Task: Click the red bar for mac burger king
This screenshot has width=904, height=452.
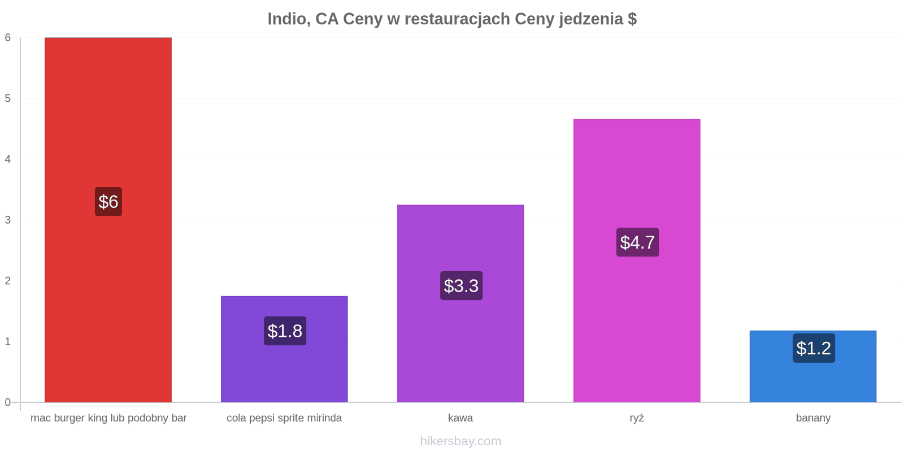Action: pyautogui.click(x=108, y=220)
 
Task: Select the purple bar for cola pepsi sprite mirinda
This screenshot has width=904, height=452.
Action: pyautogui.click(x=285, y=349)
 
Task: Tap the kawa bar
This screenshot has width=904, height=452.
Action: pyautogui.click(x=460, y=303)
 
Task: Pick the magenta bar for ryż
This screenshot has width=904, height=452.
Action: pyautogui.click(x=637, y=260)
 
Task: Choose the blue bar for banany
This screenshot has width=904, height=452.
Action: pyautogui.click(x=813, y=367)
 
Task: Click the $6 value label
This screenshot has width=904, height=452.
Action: pyautogui.click(x=108, y=201)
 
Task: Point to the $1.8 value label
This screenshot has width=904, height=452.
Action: pyautogui.click(x=285, y=331)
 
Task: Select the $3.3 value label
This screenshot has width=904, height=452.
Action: pyautogui.click(x=461, y=286)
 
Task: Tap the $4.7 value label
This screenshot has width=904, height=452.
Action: pyautogui.click(x=638, y=242)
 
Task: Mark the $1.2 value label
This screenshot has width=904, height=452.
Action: pyautogui.click(x=814, y=348)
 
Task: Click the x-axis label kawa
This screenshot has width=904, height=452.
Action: pyautogui.click(x=460, y=418)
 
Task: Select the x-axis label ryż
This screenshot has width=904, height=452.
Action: pyautogui.click(x=637, y=418)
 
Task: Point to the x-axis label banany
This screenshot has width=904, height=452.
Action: pyautogui.click(x=813, y=418)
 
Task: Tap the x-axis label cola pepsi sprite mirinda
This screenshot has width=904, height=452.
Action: pyautogui.click(x=284, y=418)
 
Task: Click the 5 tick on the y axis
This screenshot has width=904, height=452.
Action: pyautogui.click(x=8, y=98)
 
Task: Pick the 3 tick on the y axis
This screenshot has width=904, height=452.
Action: pyautogui.click(x=8, y=220)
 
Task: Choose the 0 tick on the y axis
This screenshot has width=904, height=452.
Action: pyautogui.click(x=8, y=402)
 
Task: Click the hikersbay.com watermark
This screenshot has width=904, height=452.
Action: pyautogui.click(x=460, y=441)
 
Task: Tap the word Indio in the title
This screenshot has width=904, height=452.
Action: pyautogui.click(x=289, y=19)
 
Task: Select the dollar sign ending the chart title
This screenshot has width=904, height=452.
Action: pyautogui.click(x=632, y=19)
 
